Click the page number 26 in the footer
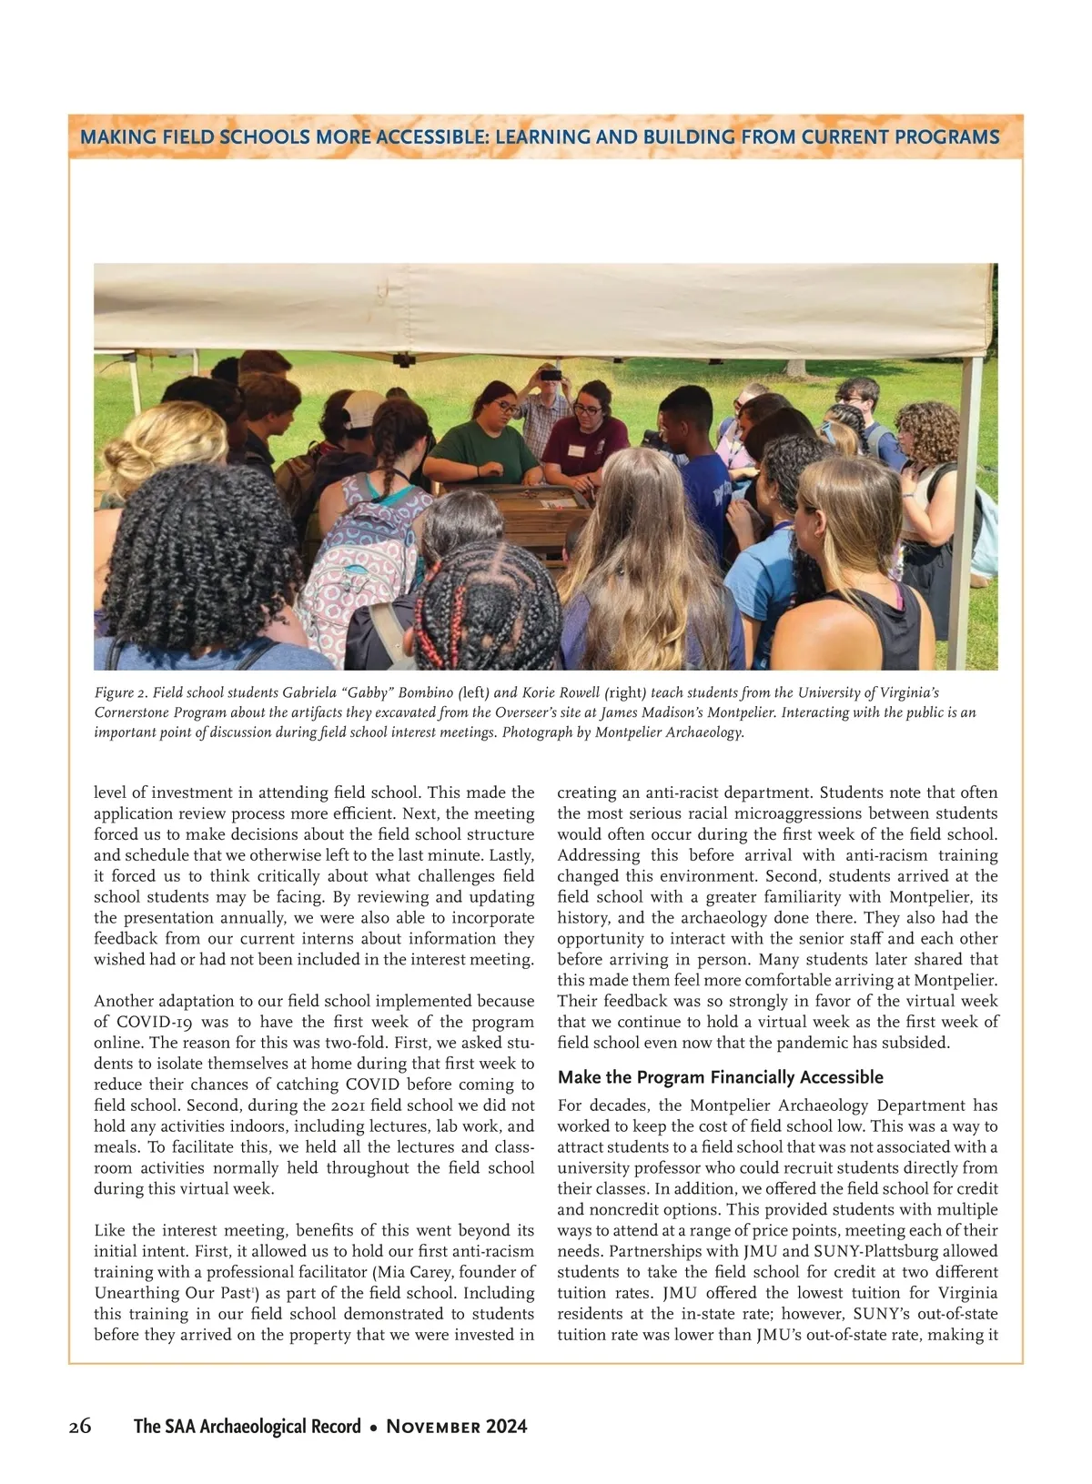80,1426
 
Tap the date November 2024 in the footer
457,1426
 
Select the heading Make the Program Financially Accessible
720,1077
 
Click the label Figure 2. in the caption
120,693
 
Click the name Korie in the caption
541,693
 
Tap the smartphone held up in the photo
551,373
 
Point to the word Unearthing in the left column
134,1293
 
